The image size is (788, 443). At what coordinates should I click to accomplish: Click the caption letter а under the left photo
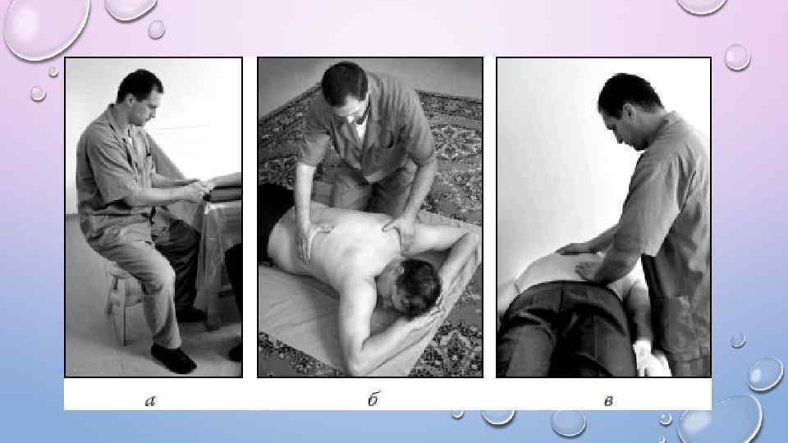(x=150, y=401)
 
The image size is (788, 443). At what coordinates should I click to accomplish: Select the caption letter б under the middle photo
(x=373, y=399)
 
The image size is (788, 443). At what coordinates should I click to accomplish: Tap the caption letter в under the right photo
(x=608, y=401)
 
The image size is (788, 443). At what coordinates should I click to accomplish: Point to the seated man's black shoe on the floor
(x=173, y=359)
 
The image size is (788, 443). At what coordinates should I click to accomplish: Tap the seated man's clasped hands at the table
(x=197, y=190)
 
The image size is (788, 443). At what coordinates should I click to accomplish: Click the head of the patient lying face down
(x=410, y=287)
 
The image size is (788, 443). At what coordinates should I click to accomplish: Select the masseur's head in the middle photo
(x=346, y=90)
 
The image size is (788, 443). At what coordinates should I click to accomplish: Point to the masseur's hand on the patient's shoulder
(x=401, y=229)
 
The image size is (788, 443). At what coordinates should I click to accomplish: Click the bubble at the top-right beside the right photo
(x=737, y=57)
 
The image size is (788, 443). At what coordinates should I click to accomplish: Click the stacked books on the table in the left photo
(x=223, y=187)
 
